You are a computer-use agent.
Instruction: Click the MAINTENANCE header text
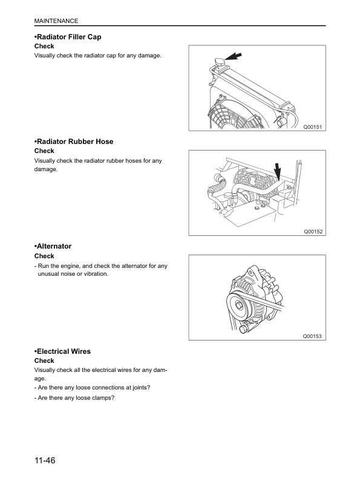click(56, 21)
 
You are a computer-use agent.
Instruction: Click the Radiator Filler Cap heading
click(68, 37)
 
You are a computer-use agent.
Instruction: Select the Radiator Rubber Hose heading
click(74, 142)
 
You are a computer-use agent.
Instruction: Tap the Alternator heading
click(53, 246)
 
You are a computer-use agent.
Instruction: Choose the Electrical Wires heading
click(63, 351)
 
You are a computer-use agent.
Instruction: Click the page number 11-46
click(45, 460)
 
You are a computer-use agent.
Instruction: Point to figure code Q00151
click(312, 127)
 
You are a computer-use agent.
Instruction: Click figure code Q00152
click(313, 232)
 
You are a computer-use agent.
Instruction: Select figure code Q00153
click(312, 336)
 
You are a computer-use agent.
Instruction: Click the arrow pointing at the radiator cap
click(233, 56)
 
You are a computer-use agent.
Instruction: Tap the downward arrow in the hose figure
click(277, 171)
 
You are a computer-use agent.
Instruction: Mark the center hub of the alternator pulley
click(238, 305)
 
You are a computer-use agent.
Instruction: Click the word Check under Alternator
click(44, 256)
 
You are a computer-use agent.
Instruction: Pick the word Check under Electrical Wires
click(44, 360)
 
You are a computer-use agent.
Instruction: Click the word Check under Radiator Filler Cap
click(44, 46)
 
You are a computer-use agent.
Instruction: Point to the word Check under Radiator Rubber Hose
click(44, 151)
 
